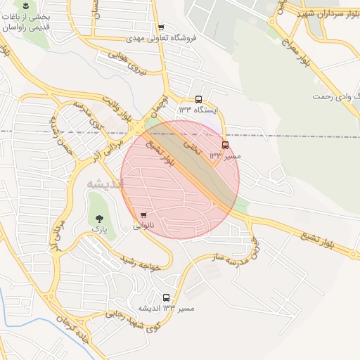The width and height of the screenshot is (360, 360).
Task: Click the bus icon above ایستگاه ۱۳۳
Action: [199, 99]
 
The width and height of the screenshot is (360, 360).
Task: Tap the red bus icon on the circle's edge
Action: [225, 145]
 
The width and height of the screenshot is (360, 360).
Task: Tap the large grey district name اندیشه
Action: [104, 183]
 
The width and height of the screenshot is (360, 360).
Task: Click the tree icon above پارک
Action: [98, 217]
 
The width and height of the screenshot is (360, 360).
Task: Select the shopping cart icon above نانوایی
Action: [143, 215]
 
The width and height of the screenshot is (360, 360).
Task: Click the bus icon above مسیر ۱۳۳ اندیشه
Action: [166, 297]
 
